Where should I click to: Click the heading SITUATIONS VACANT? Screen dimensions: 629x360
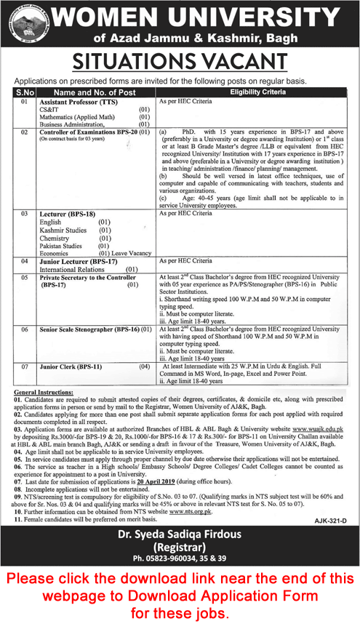coord(180,57)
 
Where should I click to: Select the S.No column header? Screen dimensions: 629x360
coord(24,93)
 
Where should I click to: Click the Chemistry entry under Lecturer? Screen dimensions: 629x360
coord(59,239)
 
